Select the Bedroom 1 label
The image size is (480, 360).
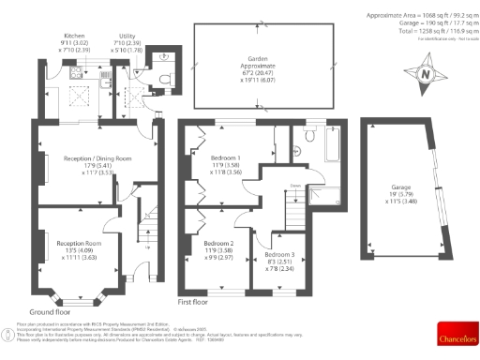[x=225, y=157]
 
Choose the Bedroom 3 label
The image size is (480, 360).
[x=278, y=254]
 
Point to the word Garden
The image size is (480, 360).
[x=248, y=57]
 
